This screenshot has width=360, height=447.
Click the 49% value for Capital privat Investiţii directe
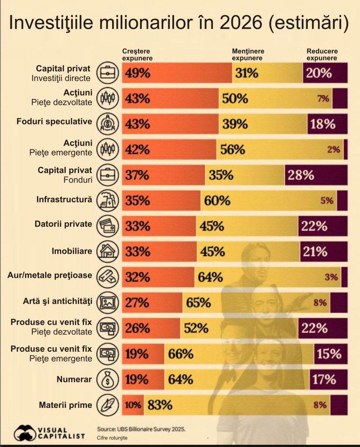point(138,73)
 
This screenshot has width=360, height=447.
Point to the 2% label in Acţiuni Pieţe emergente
point(333,150)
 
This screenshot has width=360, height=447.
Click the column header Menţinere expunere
point(247,54)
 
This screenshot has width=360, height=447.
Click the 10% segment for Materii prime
point(133,405)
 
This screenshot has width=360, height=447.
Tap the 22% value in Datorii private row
point(315,226)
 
